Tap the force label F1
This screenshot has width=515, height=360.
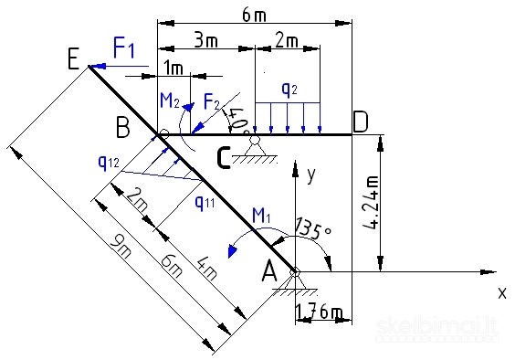point(124,47)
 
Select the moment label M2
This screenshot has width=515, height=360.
point(171,99)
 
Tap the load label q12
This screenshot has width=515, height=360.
point(108,162)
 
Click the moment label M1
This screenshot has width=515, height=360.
point(263,216)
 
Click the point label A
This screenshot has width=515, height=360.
point(270,270)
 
